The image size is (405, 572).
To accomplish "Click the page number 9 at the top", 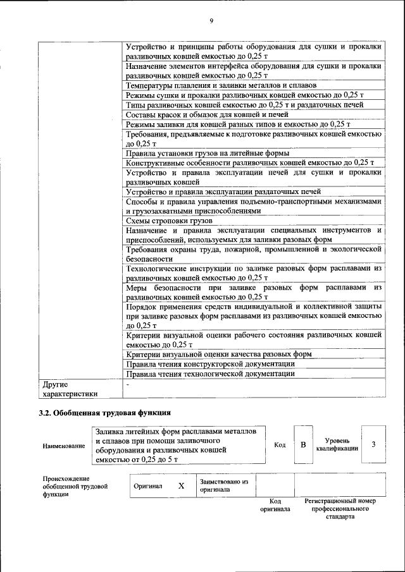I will [211, 20].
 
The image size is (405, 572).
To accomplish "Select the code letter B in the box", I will [303, 445].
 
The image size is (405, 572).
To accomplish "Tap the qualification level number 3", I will [373, 445].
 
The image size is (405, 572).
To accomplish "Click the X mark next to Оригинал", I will [181, 485].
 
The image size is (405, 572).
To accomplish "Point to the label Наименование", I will [63, 446].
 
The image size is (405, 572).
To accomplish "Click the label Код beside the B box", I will [280, 445].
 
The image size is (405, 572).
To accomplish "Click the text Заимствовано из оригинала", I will [223, 485].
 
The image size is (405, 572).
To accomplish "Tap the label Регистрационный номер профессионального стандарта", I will [340, 508].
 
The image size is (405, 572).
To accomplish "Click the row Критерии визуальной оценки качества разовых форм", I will [218, 355].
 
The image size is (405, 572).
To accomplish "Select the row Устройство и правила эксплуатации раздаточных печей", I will [223, 192].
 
